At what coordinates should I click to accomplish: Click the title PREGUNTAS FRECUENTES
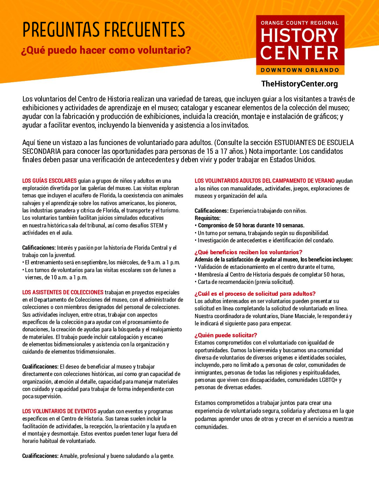point(103,30)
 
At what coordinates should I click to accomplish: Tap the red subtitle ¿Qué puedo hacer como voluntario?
point(106,50)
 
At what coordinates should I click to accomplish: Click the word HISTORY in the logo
point(300,36)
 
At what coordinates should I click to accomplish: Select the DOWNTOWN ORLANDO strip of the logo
point(300,70)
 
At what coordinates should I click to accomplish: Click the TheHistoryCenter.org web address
point(299,84)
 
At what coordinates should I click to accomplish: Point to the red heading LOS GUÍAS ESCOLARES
point(49,181)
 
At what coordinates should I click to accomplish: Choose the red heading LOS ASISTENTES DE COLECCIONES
point(63,292)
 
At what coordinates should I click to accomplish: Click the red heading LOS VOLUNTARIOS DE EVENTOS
point(59,411)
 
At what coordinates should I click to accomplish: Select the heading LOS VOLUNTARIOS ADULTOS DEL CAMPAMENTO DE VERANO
point(264,181)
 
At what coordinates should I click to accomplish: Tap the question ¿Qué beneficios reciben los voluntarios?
point(248,252)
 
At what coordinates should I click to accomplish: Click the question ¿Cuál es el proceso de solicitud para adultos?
point(255,294)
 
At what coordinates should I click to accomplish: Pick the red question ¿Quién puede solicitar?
point(226,335)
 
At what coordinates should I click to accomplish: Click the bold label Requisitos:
point(208,218)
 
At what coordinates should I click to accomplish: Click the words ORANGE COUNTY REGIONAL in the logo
point(300,23)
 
